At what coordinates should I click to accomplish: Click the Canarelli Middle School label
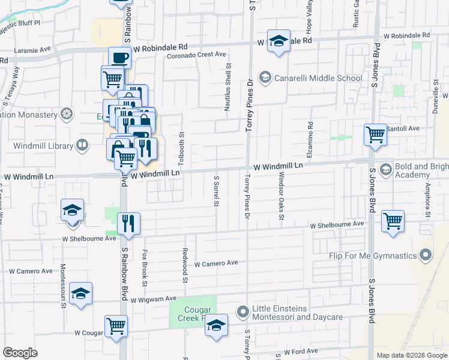point(318,78)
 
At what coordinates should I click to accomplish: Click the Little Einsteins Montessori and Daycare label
point(297,313)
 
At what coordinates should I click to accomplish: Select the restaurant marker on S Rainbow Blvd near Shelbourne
point(128,223)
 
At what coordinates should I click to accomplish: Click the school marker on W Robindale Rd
point(279,41)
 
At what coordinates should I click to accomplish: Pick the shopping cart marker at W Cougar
point(115,326)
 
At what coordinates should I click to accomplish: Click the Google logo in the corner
point(20,353)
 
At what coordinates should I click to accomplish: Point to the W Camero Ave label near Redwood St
point(216,263)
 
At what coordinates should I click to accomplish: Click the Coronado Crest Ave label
point(196,55)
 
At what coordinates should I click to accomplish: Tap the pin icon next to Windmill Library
point(82,145)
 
